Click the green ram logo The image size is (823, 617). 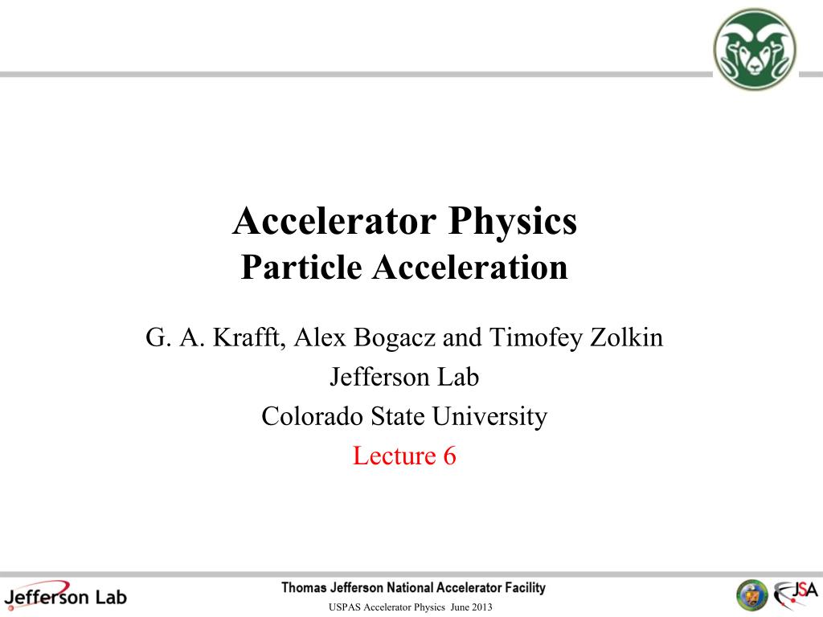click(755, 49)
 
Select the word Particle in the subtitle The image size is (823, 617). click(301, 268)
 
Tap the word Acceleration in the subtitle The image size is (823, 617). click(469, 268)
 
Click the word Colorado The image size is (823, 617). click(313, 416)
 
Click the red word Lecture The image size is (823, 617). click(394, 456)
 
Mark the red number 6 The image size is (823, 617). click(449, 456)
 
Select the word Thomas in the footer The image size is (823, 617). click(304, 588)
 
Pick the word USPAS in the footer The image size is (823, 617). click(345, 607)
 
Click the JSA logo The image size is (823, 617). click(796, 595)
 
